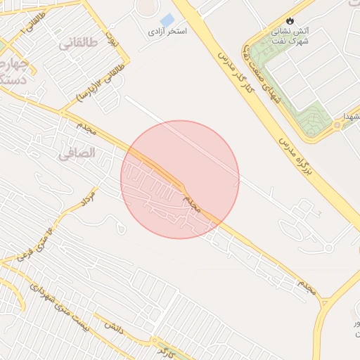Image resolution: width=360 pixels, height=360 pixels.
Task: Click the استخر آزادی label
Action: pyautogui.click(x=167, y=32)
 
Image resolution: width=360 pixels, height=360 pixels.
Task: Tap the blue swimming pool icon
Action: pyautogui.click(x=167, y=20)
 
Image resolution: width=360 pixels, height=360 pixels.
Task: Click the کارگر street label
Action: pyautogui.click(x=166, y=349)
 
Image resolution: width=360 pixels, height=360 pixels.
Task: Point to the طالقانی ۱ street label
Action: pyautogui.click(x=37, y=21)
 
